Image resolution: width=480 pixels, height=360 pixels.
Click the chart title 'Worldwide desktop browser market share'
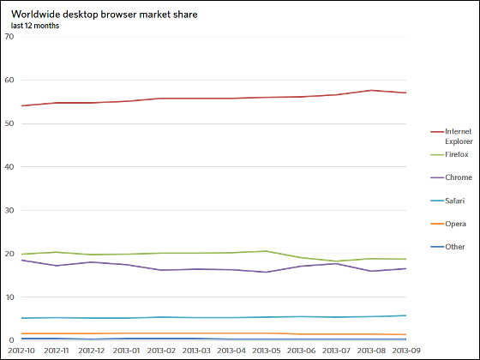(105, 15)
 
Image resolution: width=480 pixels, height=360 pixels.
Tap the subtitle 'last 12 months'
(35, 26)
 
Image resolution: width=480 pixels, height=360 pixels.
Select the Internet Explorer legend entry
(452, 136)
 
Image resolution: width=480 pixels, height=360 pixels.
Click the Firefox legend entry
(449, 154)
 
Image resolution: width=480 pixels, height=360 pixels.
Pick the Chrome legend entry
(451, 177)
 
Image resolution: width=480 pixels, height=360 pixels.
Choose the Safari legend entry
(447, 201)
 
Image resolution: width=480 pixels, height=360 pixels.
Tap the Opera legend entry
(448, 224)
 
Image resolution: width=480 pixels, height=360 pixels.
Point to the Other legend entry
(447, 247)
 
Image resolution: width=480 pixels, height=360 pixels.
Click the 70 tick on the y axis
(9, 37)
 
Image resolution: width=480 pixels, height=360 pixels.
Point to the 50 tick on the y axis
(9, 123)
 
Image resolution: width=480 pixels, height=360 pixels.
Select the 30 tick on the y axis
(9, 210)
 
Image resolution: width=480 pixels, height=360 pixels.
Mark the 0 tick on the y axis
(12, 340)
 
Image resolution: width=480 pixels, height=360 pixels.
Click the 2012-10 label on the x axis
(21, 351)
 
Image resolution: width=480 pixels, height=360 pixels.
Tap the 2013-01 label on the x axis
(127, 351)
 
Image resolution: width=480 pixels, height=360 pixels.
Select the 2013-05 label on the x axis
(267, 351)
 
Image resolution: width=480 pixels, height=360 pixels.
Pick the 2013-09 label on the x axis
(406, 351)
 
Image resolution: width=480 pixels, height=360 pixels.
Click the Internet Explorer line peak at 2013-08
(371, 90)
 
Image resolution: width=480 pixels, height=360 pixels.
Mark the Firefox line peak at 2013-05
(266, 251)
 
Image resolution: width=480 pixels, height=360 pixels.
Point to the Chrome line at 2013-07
(336, 264)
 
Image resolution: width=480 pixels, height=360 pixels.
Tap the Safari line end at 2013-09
(406, 315)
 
